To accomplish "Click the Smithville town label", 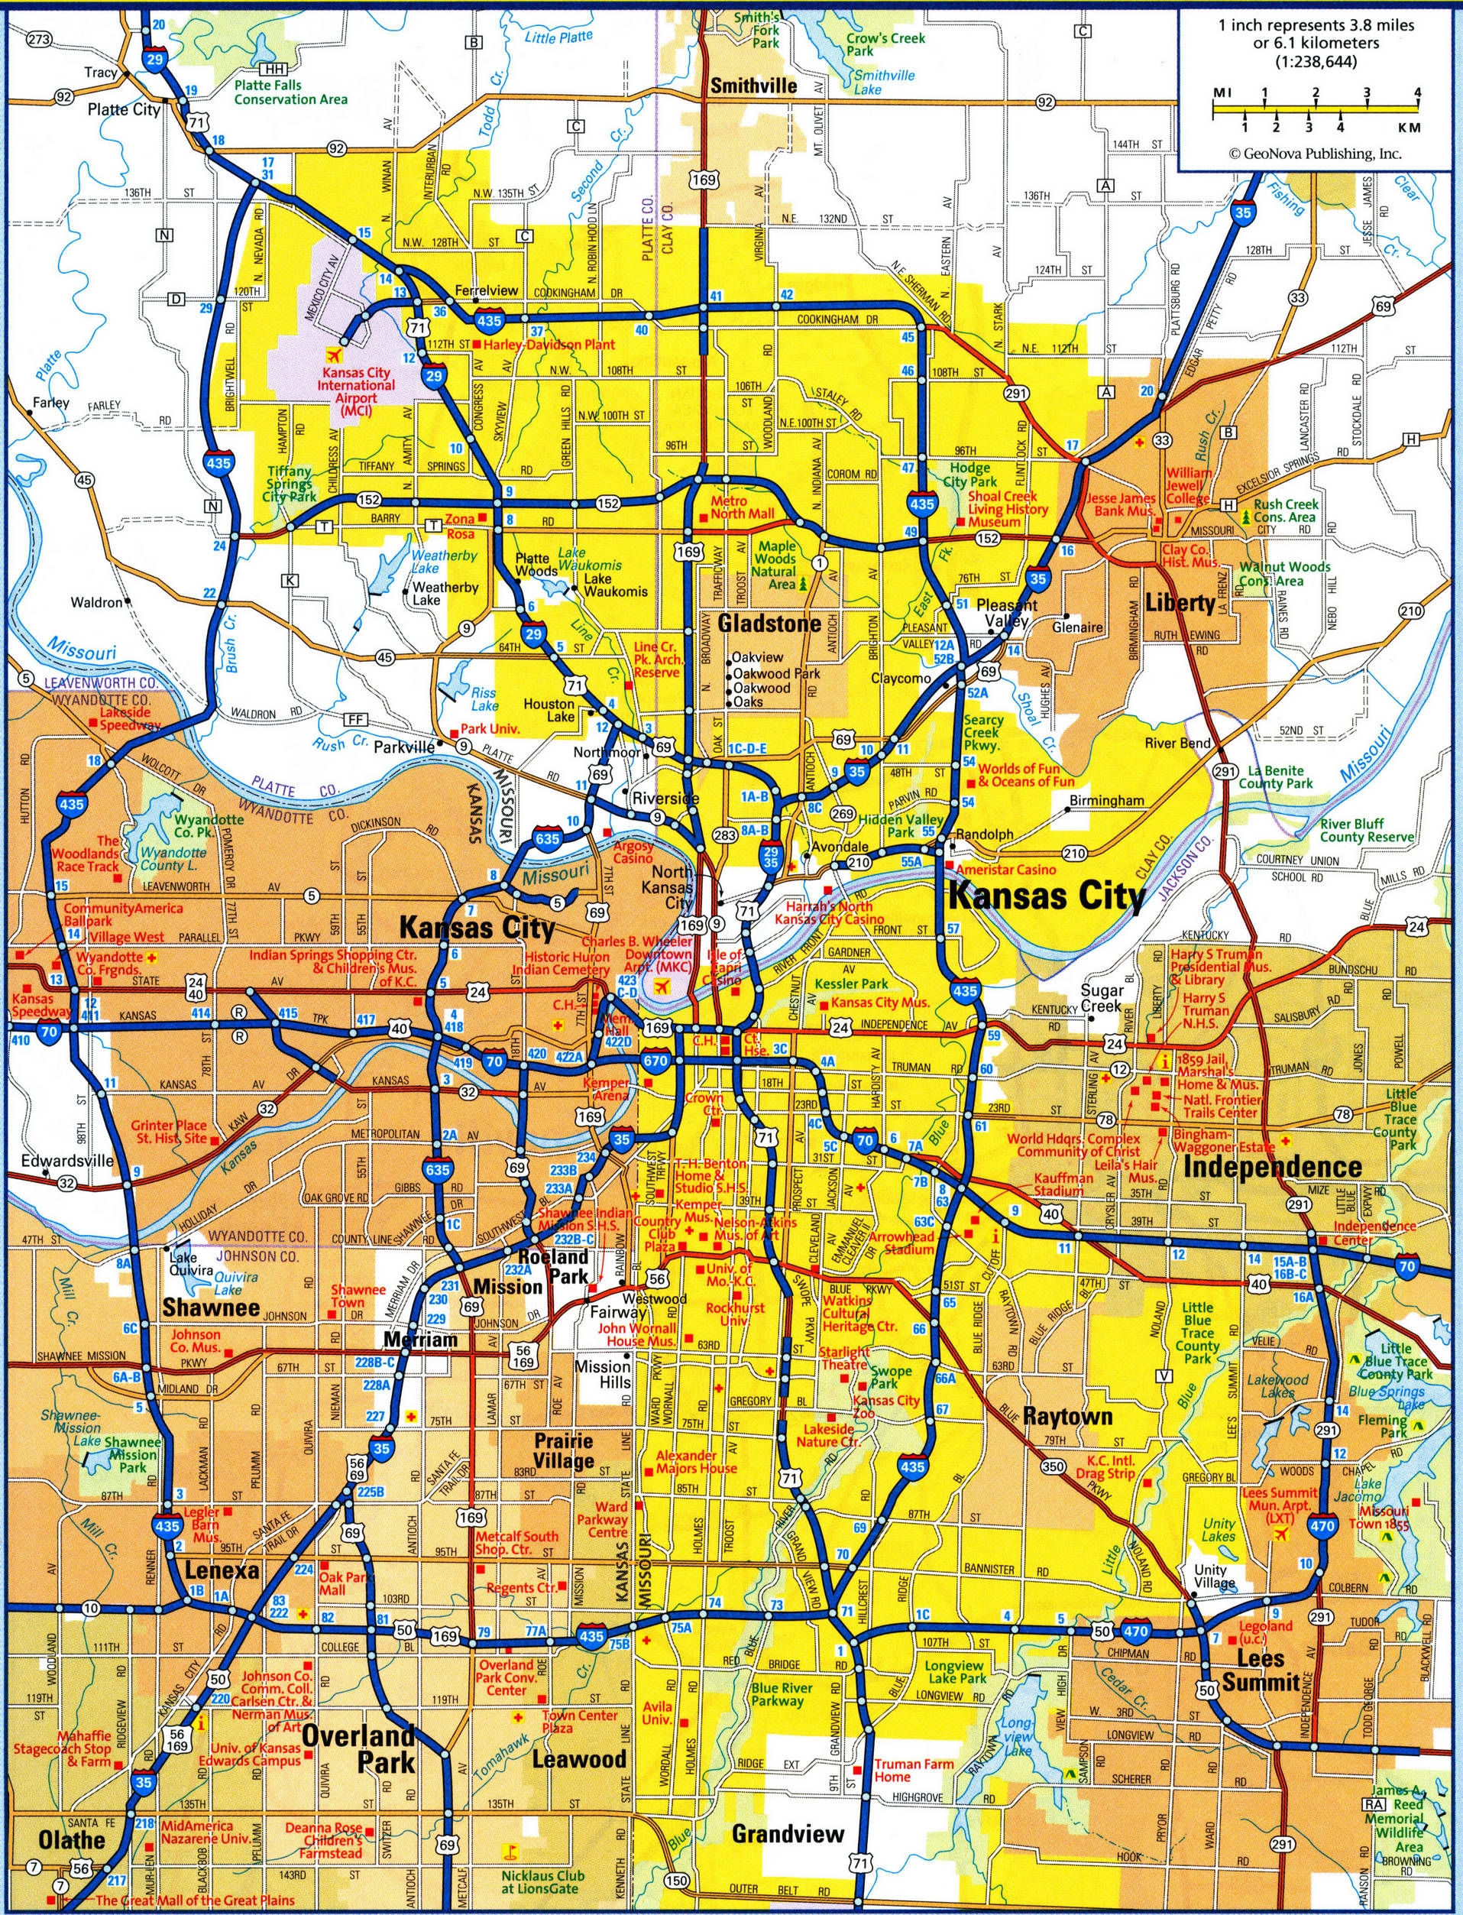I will click(x=753, y=86).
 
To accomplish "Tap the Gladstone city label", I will click(x=769, y=623).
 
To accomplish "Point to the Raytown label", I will click(x=1067, y=1415).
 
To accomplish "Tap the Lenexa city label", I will click(x=222, y=1570).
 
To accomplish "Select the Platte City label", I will click(x=124, y=110).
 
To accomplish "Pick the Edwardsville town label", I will click(x=67, y=1160).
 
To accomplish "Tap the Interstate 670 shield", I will click(x=655, y=1061).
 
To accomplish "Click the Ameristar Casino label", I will click(x=1006, y=869).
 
